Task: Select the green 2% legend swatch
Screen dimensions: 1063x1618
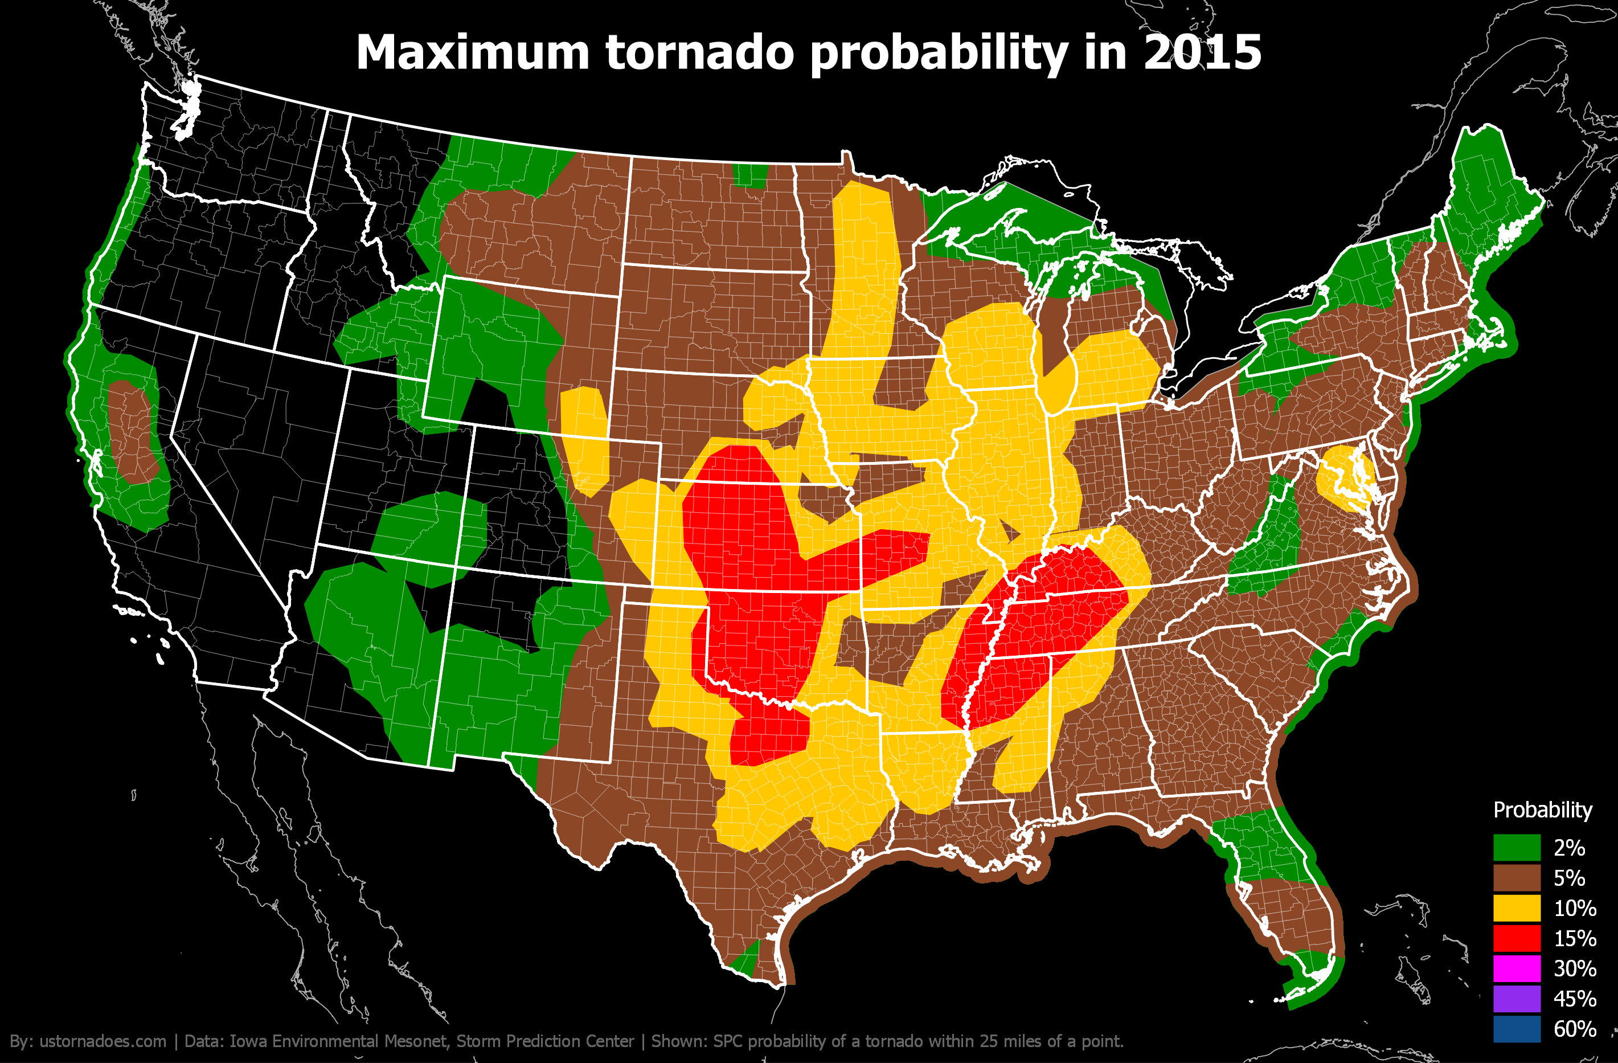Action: coord(1516,848)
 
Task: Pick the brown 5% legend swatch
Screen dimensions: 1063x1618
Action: coord(1516,877)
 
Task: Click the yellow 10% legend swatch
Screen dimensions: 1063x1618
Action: coord(1516,908)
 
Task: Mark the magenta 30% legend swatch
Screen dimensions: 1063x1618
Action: coord(1516,968)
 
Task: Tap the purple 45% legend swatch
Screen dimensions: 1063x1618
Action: coord(1516,999)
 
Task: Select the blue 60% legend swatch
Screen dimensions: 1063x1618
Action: coord(1516,1028)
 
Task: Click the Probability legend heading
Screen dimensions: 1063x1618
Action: coord(1542,810)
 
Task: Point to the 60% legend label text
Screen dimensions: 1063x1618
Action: coord(1575,1029)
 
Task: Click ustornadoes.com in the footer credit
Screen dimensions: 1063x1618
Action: coord(102,1041)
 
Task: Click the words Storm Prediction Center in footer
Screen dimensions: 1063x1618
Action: coord(544,1041)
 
